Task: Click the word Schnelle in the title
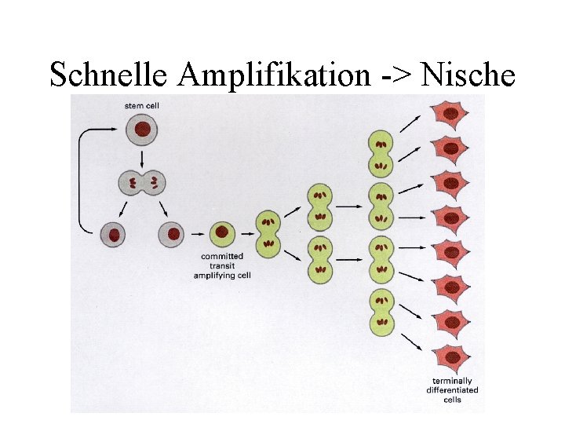pos(109,75)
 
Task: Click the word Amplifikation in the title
pos(274,75)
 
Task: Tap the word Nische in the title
pos(468,75)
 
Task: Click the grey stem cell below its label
pos(141,129)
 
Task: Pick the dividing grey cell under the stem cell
pos(142,184)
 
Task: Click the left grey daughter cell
pos(115,234)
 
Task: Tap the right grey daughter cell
pos(172,233)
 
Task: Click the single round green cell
pos(222,233)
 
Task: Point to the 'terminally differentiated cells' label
pos(452,390)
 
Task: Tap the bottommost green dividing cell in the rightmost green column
pos(381,309)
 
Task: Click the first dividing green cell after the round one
pos(268,233)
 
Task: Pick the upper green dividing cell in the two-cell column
pos(319,205)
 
